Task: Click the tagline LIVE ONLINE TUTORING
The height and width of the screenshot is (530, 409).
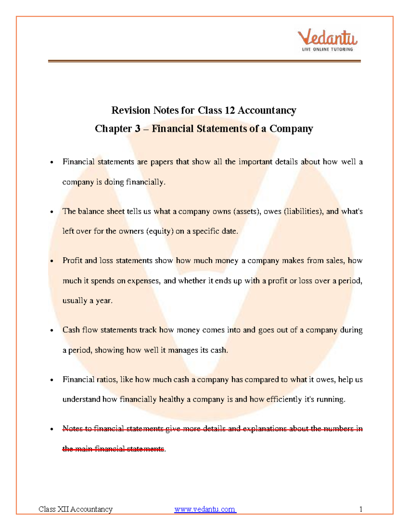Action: (x=327, y=49)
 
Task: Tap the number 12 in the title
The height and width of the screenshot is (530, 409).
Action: (x=228, y=110)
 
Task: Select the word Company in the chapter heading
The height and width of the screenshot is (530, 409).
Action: (x=291, y=129)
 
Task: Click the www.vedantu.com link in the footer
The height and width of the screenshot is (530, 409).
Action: (x=205, y=510)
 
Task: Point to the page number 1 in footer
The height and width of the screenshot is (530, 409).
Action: (x=361, y=510)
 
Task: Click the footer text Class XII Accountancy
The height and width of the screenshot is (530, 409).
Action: (x=75, y=510)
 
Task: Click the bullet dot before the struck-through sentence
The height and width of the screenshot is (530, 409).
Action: (x=52, y=429)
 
